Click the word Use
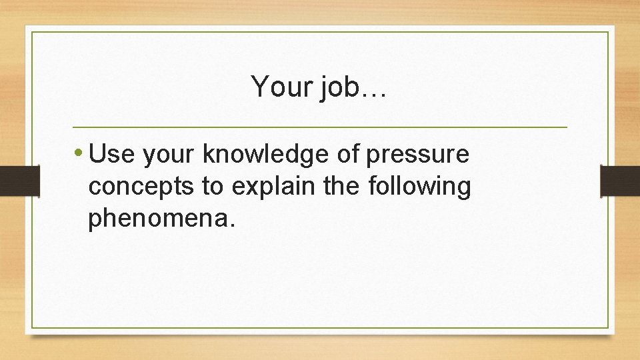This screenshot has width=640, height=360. pyautogui.click(x=110, y=155)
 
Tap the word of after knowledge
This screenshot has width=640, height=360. pyautogui.click(x=348, y=155)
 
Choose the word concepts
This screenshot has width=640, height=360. pyautogui.click(x=141, y=188)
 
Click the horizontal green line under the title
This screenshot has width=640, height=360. pyautogui.click(x=319, y=127)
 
